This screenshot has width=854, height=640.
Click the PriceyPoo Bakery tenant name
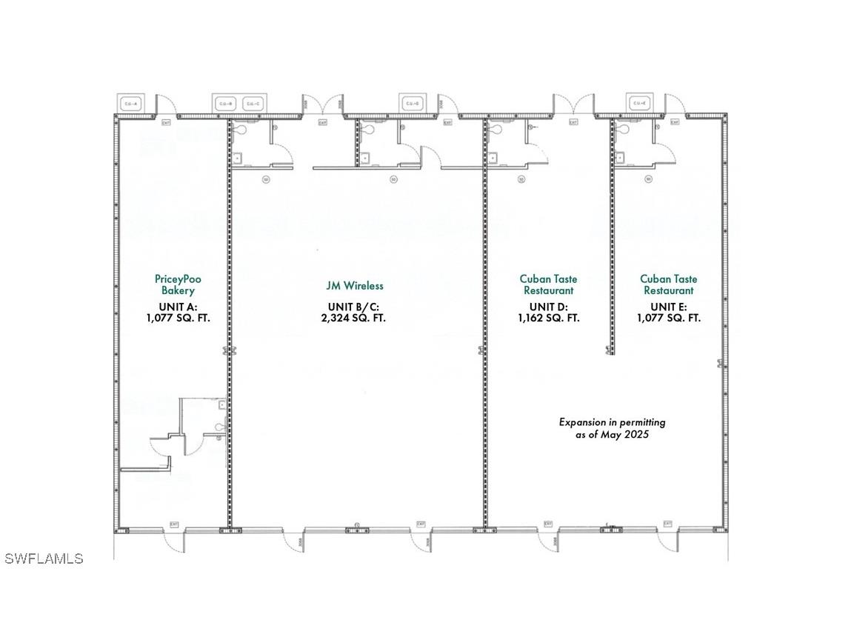coord(178,284)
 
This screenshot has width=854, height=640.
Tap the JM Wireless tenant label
coord(355,285)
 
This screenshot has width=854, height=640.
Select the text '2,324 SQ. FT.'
coord(356,318)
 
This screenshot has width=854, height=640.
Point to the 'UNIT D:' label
coord(548,307)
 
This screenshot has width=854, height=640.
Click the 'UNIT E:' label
coord(668,307)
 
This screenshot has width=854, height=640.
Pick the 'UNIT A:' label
coord(178,307)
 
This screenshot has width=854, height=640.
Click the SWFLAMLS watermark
coord(44,559)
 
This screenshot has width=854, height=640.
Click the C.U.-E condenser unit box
coord(638,104)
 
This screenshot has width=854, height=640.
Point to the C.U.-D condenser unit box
coord(410,104)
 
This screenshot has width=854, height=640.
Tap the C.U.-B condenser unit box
coord(225,104)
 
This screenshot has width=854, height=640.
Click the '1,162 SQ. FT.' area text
coord(548,318)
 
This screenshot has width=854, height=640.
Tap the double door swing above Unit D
coord(574,104)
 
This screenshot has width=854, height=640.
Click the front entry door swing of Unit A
coord(174,541)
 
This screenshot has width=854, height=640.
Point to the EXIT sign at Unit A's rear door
coord(166,122)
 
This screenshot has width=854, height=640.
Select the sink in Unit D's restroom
coord(493,157)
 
